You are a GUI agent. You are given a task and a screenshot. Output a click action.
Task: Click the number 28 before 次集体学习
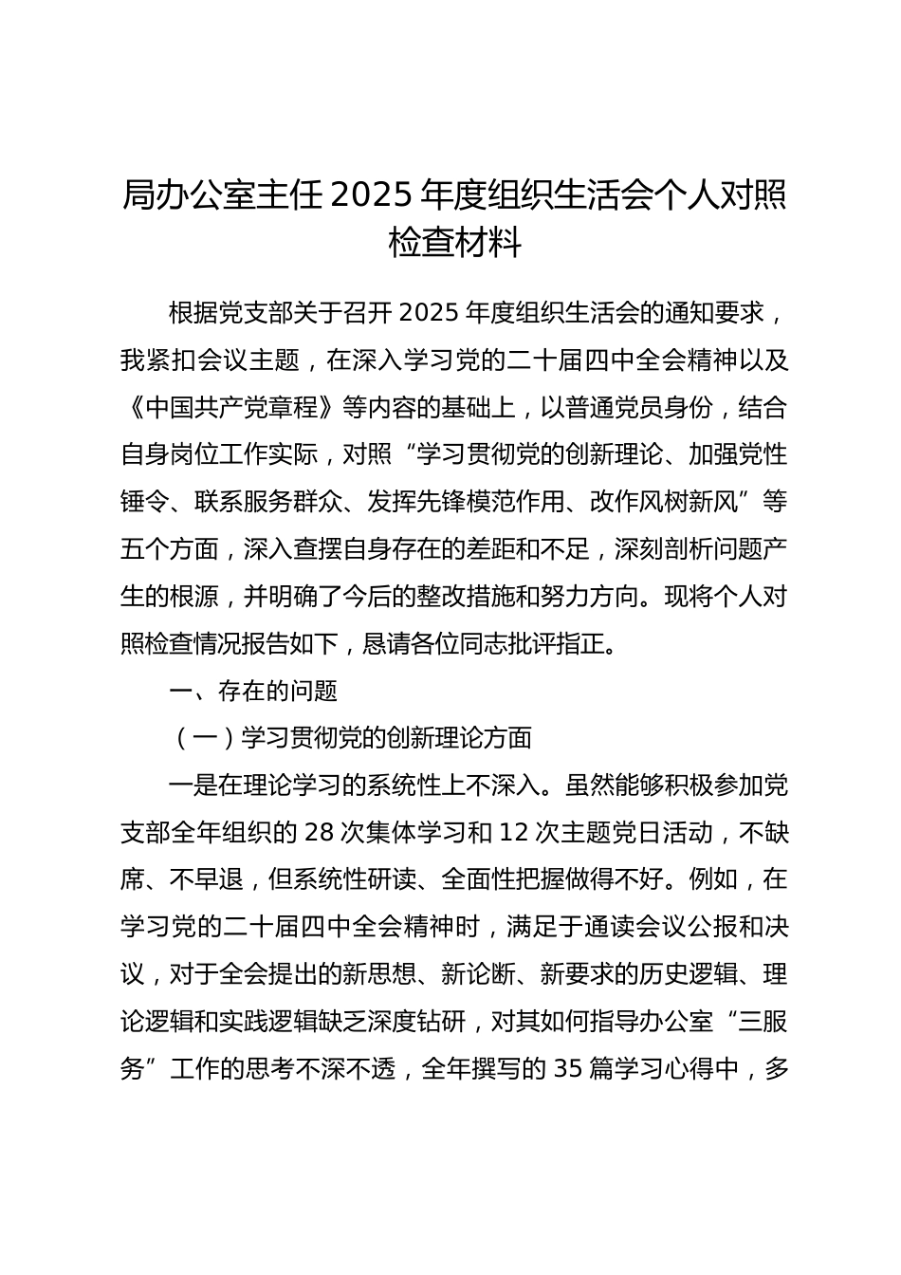point(318,832)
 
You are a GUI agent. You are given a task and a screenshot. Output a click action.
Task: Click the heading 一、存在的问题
point(253,691)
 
